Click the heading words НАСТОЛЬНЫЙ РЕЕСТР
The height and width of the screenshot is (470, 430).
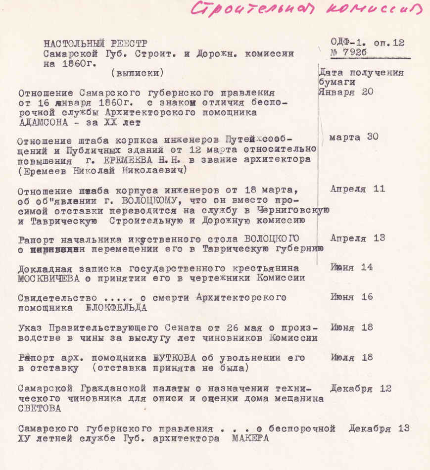[x=95, y=43]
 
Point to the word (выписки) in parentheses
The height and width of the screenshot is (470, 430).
[x=137, y=73]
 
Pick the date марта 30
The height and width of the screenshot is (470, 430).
[x=353, y=137]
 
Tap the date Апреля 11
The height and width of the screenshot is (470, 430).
[x=357, y=189]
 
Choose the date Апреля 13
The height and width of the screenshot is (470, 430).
[x=357, y=238]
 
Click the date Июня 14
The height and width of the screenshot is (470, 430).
[x=351, y=268]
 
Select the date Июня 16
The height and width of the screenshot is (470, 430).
[x=351, y=297]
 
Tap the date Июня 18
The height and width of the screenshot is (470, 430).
[x=351, y=328]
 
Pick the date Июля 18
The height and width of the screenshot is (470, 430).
[x=351, y=358]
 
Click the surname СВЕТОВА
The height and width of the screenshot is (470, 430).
[x=40, y=409]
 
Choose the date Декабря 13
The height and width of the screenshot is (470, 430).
[x=379, y=428]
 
